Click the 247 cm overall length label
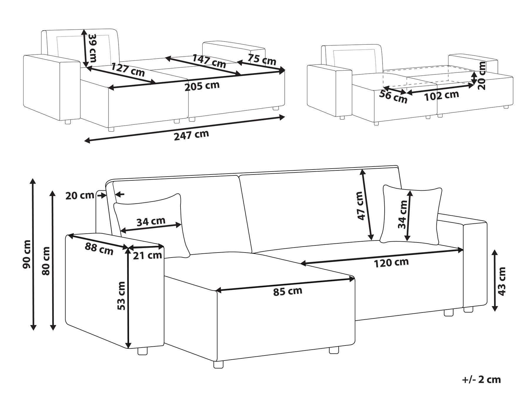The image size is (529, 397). pyautogui.click(x=191, y=135)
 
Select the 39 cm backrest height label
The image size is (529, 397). pyautogui.click(x=92, y=48)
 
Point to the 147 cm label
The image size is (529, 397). pyautogui.click(x=209, y=61)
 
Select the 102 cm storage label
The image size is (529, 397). pyautogui.click(x=441, y=96)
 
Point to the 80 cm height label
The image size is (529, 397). pyautogui.click(x=46, y=261)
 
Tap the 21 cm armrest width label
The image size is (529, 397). pyautogui.click(x=147, y=255)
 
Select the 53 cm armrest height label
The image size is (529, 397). pyautogui.click(x=121, y=296)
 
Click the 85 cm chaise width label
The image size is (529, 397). pyautogui.click(x=287, y=291)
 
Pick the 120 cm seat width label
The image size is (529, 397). pyautogui.click(x=391, y=262)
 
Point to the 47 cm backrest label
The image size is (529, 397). pyautogui.click(x=361, y=205)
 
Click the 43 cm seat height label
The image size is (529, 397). pyautogui.click(x=502, y=281)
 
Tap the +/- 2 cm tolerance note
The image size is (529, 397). pyautogui.click(x=481, y=380)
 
